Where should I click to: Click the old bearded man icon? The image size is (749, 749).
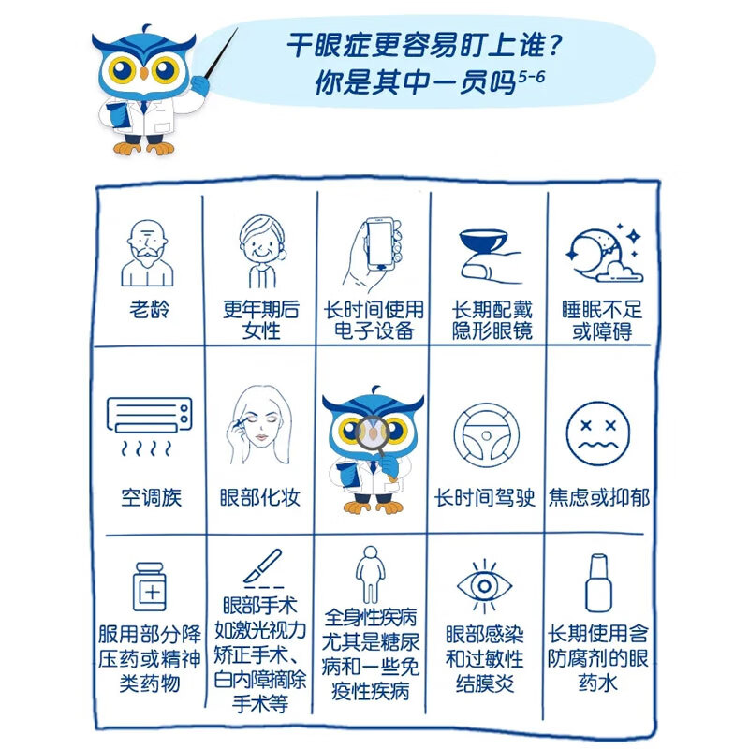point(147,253)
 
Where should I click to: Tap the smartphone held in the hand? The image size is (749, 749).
point(381,244)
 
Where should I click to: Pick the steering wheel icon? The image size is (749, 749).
point(486,435)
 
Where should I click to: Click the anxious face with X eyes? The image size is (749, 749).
point(597,433)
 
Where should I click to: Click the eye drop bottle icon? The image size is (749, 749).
point(598,582)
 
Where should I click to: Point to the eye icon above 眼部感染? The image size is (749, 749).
point(484,586)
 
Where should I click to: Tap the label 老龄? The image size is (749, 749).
point(150,309)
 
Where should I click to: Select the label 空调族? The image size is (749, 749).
point(151,497)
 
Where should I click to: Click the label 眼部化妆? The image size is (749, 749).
point(260,497)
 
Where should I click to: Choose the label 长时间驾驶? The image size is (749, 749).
point(485,497)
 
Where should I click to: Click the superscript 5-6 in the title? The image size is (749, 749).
point(532,77)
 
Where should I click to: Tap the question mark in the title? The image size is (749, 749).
point(554,45)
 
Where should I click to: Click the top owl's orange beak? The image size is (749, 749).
point(144,73)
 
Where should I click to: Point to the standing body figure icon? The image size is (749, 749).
point(370,575)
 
